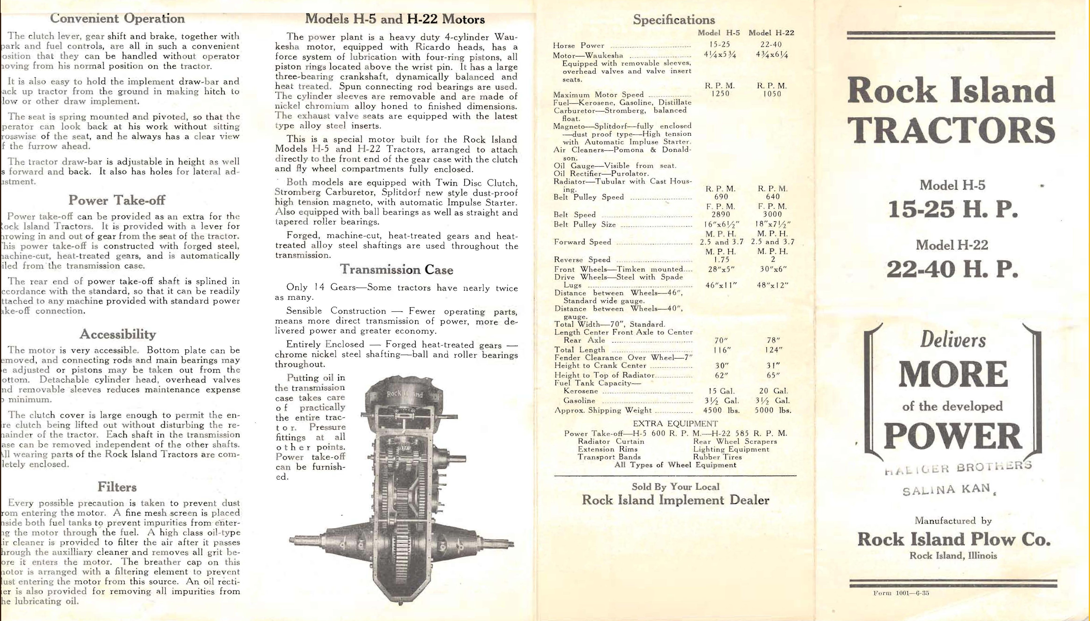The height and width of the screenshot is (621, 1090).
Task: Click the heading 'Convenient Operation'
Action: click(117, 19)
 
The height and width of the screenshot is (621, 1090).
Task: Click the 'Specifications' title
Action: click(673, 20)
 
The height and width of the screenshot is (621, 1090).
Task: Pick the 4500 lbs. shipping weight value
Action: click(721, 410)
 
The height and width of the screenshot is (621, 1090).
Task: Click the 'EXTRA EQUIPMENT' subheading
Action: click(675, 424)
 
